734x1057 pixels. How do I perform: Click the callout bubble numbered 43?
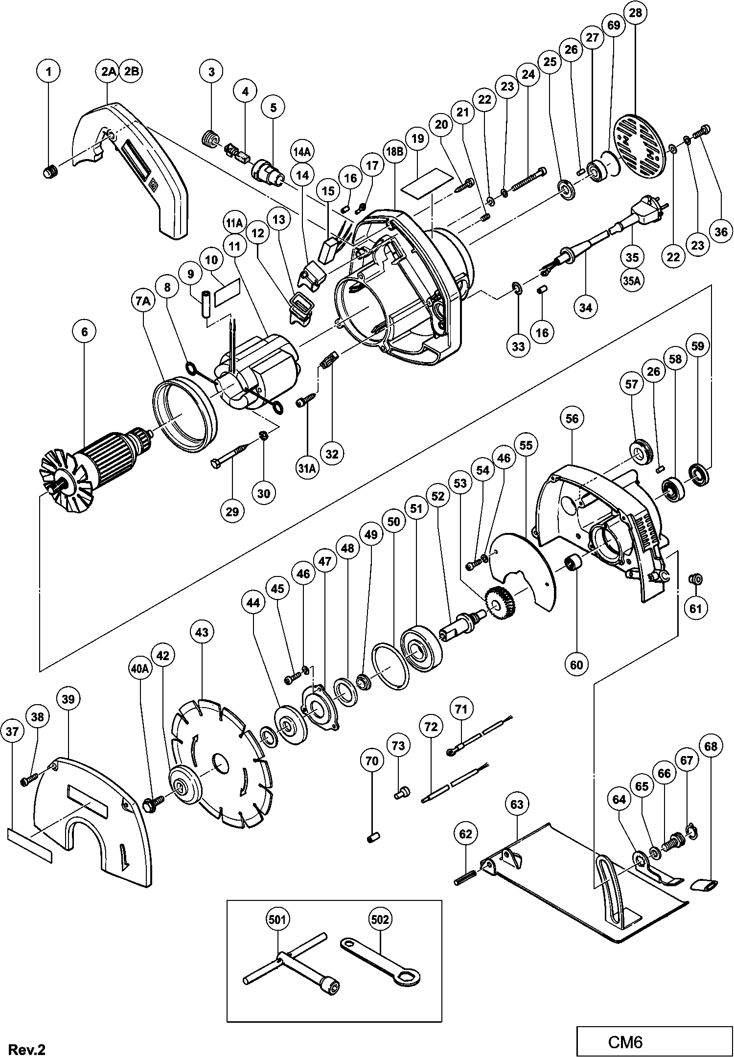202,632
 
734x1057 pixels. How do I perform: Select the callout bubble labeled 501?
277,919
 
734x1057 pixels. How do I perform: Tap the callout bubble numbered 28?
635,13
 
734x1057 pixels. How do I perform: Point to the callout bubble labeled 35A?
632,280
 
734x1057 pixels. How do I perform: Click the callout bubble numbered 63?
517,804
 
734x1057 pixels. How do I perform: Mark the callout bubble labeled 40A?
139,669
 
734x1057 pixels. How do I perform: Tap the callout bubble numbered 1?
48,71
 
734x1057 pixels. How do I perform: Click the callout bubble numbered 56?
572,418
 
